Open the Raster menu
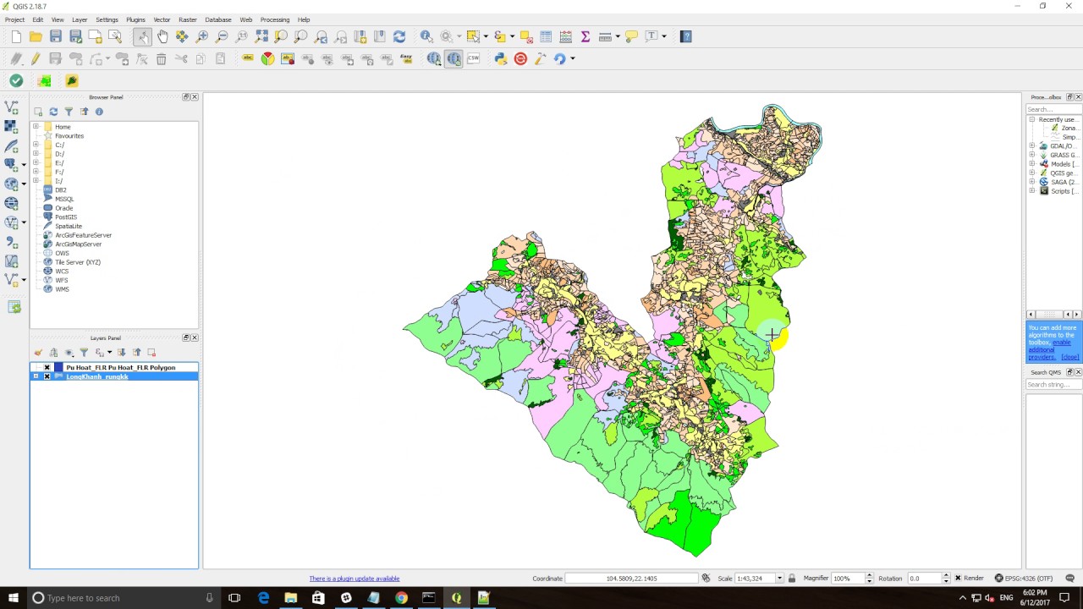point(188,19)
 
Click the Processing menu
point(274,19)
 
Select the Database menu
point(217,19)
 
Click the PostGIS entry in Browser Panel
point(66,217)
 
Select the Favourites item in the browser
point(69,136)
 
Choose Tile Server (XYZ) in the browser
point(77,262)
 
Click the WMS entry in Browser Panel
point(62,289)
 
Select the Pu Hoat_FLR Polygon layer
point(120,368)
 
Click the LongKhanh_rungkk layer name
point(97,376)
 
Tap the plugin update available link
point(354,579)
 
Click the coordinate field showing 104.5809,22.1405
point(631,579)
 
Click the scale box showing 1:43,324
point(759,579)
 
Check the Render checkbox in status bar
point(958,579)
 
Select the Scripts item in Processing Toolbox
point(1063,191)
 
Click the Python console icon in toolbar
point(501,58)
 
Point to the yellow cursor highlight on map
point(775,337)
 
